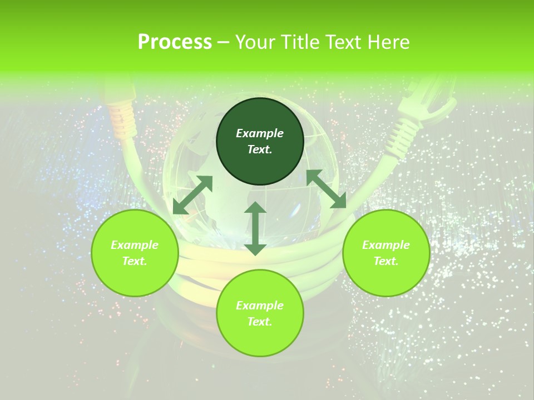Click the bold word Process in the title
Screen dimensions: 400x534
click(175, 42)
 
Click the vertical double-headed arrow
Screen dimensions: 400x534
click(255, 228)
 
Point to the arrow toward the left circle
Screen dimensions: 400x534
click(192, 195)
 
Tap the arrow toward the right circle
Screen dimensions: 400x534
click(327, 189)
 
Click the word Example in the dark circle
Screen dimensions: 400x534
click(260, 133)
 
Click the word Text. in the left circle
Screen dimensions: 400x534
click(135, 261)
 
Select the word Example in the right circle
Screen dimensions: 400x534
click(386, 245)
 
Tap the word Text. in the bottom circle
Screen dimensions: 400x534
click(260, 322)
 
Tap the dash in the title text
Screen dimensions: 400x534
click(224, 42)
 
